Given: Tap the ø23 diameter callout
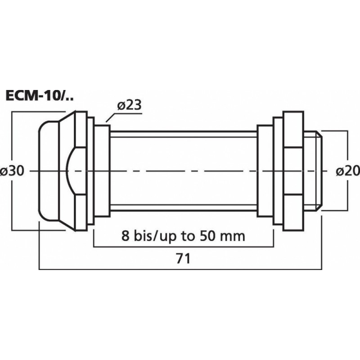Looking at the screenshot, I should pyautogui.click(x=129, y=105).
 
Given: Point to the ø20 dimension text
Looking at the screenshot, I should pyautogui.click(x=346, y=171).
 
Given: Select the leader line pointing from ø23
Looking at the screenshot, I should pyautogui.click(x=112, y=117).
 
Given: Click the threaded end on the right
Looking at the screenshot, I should pyautogui.click(x=315, y=171).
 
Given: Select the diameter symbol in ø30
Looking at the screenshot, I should pyautogui.click(x=5, y=171).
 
